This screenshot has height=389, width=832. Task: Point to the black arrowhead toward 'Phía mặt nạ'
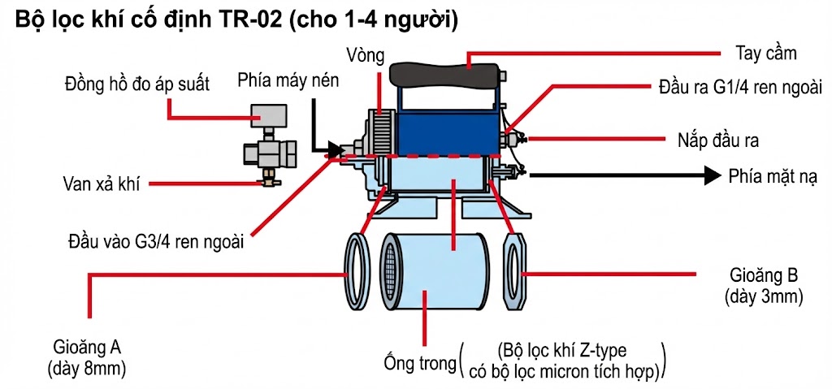713,175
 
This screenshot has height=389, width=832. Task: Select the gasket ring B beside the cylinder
515,270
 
